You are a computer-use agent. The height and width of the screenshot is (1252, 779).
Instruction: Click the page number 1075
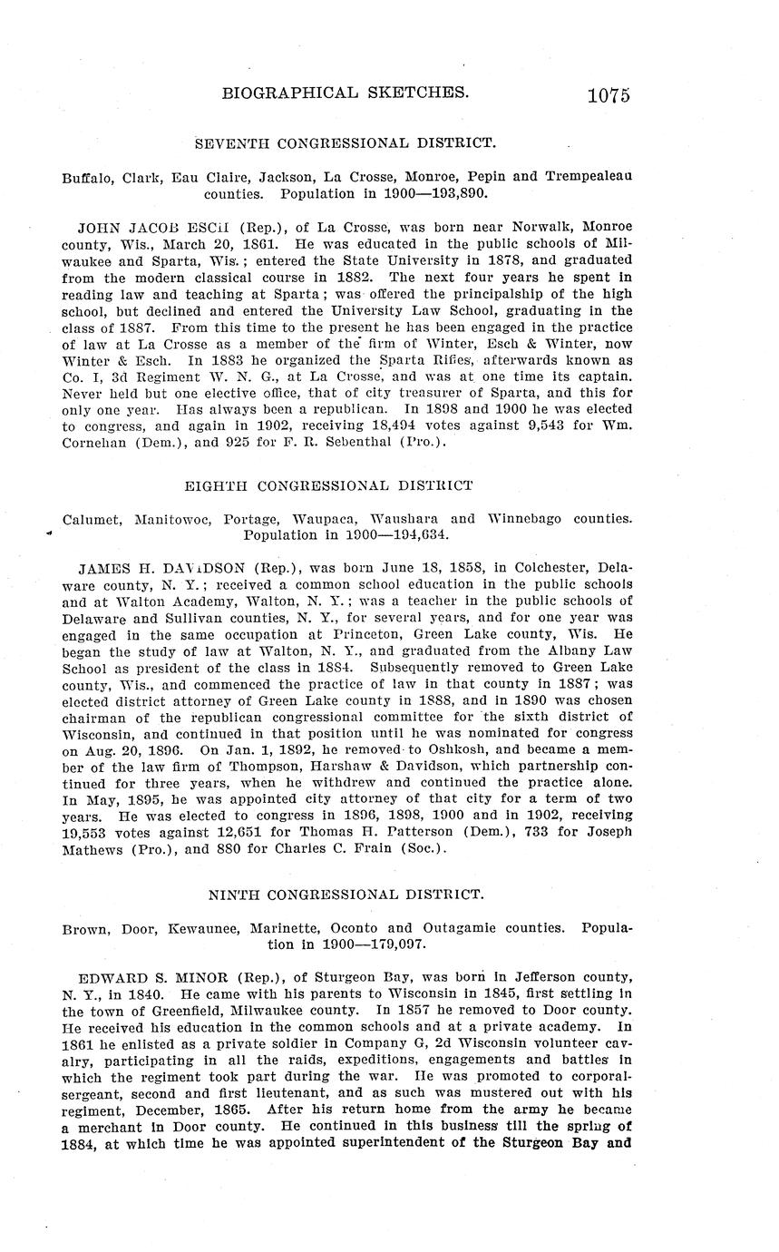608,95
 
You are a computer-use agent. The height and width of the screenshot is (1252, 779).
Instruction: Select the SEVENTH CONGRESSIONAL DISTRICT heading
346,142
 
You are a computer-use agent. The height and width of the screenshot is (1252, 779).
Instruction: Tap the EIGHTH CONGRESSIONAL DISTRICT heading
328,485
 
